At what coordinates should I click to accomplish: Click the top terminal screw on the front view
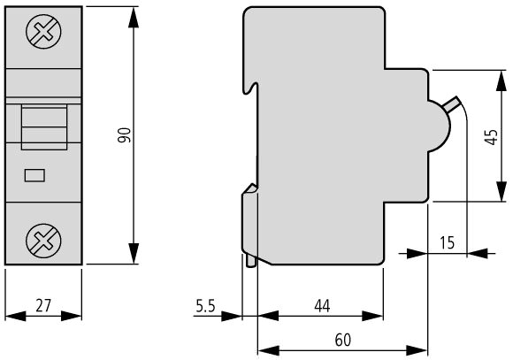pos(43,32)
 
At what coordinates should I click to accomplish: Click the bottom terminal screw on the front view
pos(43,241)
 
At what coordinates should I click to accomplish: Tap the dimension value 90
pos(125,135)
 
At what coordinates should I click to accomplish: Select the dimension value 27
pos(43,305)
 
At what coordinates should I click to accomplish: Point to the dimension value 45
pos(491,136)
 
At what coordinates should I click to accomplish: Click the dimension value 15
pos(447,242)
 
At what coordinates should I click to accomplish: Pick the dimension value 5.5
pos(205,306)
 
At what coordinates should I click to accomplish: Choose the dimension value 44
pos(322,306)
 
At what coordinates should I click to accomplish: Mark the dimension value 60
pos(343,340)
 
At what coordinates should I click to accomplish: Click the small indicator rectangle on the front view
pos(34,175)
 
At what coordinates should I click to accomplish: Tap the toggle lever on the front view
pos(44,127)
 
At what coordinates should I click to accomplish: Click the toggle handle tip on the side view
pos(456,99)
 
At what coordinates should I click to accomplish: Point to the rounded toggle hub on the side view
pos(439,126)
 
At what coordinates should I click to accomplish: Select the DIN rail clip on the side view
pos(249,226)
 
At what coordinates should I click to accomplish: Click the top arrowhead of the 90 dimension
pos(134,18)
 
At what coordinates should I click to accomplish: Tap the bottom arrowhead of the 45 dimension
pos(502,191)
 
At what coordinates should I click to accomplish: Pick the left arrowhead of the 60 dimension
pos(269,350)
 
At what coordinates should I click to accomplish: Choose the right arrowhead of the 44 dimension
pos(372,316)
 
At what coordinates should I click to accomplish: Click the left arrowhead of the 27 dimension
pos(16,316)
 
